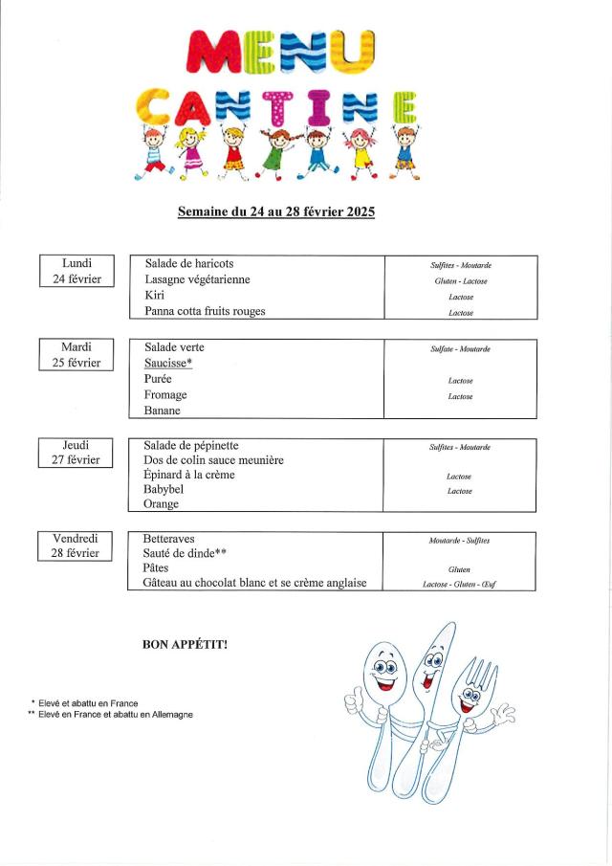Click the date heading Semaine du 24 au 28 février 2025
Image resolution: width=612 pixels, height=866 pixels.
276,211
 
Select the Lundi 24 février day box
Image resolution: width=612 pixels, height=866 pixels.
76,271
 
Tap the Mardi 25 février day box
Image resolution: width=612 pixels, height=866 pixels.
76,354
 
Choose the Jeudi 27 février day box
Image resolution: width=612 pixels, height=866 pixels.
76,452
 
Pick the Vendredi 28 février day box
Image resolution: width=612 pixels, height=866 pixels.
76,545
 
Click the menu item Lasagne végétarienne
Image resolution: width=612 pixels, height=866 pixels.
197,279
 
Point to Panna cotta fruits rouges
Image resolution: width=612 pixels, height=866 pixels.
205,311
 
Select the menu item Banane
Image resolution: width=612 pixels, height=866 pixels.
162,411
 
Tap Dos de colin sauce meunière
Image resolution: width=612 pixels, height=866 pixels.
213,460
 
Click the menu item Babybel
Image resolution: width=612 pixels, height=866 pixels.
164,489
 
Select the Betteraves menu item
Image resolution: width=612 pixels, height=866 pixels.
168,539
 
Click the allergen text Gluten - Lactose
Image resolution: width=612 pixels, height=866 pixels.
460,281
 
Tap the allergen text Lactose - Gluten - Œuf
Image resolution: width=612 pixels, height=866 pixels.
459,583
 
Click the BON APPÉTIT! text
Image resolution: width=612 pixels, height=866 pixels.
185,645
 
